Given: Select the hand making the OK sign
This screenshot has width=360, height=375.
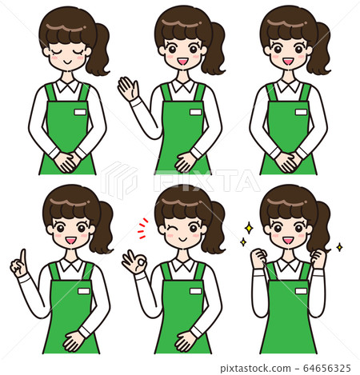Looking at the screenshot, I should pos(132,261).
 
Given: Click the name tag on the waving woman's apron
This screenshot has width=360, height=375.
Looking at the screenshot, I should pos(195,112).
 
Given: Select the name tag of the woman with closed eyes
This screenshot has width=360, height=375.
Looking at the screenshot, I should pos(79,113).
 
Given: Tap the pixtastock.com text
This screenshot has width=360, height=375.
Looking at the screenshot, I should pos(266,367).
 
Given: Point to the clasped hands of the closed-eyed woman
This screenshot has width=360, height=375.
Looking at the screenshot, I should pos(65,160).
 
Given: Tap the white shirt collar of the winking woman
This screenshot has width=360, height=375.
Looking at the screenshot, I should pos(183,263).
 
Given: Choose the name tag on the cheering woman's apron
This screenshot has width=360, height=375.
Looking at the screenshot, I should pos(300,291).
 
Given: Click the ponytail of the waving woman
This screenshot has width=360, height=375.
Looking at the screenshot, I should pos(214,50).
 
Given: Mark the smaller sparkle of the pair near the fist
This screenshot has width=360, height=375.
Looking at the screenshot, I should pos(242,241).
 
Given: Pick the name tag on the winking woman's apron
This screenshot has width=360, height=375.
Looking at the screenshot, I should pos(195,290).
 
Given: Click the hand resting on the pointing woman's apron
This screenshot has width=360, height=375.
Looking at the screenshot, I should pos(74,341).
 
